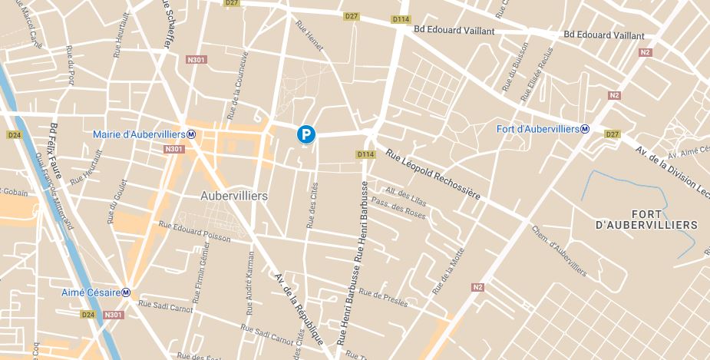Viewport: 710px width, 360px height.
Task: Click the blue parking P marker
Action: point(306,135)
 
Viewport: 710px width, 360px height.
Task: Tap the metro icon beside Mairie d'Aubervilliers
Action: point(191,134)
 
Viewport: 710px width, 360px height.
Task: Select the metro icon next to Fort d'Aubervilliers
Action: point(585,129)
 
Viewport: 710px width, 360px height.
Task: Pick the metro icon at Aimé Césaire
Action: point(125,292)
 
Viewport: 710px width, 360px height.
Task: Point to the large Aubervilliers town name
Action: point(233,196)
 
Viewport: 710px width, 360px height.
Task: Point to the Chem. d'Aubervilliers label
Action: point(558,251)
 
